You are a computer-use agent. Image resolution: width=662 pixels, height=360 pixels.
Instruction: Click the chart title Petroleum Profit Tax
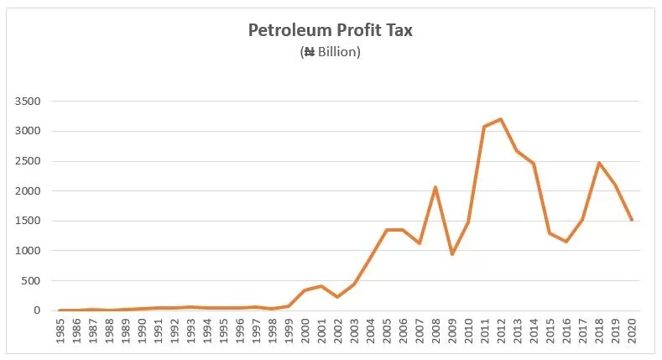pos(331,31)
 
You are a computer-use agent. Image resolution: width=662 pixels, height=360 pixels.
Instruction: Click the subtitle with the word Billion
pos(331,52)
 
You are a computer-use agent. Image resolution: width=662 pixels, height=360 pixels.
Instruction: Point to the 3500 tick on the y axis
pos(28,102)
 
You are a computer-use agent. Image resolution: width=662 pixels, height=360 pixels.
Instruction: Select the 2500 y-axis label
pos(28,161)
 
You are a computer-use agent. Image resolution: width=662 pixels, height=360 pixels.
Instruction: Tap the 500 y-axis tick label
pos(31,280)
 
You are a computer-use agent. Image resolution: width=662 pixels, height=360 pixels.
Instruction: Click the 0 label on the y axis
pos(37,310)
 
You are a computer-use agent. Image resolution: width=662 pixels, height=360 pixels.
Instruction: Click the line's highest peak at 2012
pos(500,119)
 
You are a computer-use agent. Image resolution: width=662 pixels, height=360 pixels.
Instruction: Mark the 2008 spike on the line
pos(435,187)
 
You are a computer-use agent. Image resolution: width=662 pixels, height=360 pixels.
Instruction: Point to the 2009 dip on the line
pos(451,254)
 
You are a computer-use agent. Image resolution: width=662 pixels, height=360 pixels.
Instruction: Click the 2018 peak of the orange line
pos(598,163)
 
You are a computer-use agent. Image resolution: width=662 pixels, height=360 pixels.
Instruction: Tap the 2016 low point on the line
pos(566,242)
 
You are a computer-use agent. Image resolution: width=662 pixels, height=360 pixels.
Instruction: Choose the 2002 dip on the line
pos(337,297)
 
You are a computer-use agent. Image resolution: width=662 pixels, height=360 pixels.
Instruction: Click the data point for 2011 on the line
pos(484,127)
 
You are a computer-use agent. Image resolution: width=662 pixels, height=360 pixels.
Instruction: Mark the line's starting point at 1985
pos(61,310)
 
